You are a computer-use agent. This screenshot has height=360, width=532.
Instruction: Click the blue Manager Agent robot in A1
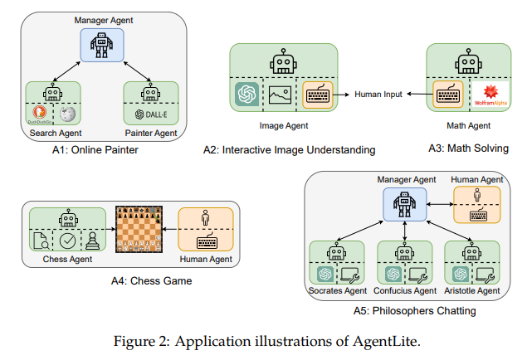(x=103, y=43)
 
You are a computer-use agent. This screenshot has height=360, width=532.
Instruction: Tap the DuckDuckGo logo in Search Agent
(x=38, y=114)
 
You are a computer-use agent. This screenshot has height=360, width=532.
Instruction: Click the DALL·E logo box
(x=151, y=114)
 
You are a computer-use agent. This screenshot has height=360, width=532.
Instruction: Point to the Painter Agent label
(x=151, y=134)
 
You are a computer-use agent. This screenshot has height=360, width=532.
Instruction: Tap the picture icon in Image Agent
(x=280, y=95)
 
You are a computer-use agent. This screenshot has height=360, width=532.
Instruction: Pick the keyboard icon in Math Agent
(x=446, y=95)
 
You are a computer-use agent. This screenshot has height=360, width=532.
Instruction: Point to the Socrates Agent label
(x=336, y=290)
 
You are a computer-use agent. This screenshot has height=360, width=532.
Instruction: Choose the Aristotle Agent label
(x=472, y=290)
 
